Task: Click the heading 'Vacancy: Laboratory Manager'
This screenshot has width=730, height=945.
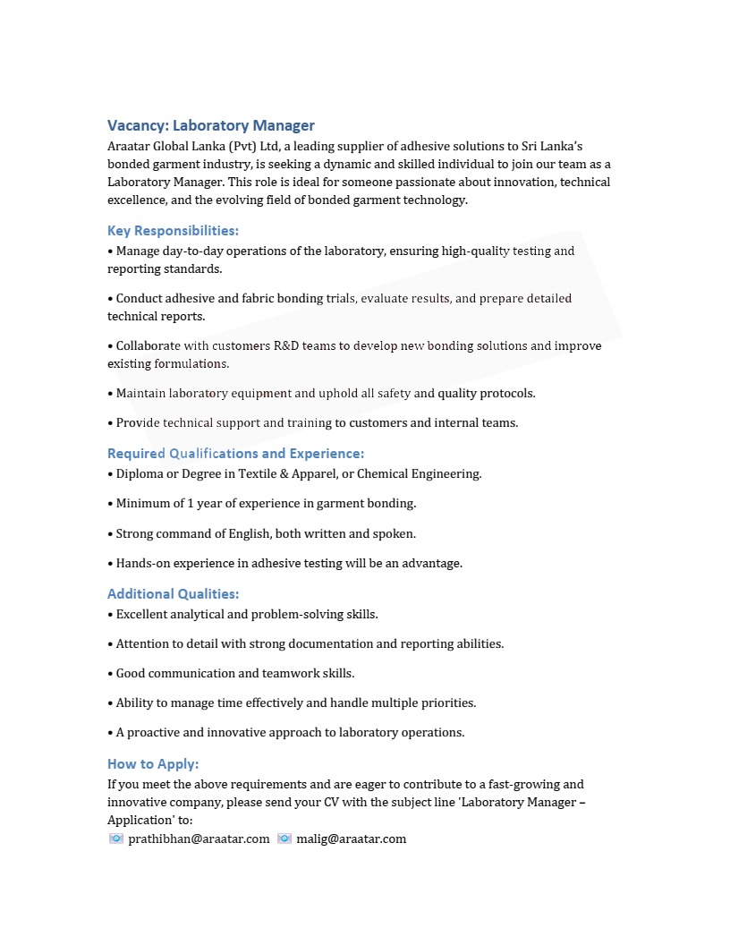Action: (211, 125)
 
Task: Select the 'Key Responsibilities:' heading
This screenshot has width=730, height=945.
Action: (173, 231)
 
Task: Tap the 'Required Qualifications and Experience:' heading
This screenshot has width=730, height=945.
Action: (235, 453)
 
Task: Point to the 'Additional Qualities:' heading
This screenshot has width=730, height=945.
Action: (173, 593)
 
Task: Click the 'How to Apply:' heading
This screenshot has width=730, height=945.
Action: (153, 763)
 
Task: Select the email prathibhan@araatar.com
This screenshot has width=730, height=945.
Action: (199, 839)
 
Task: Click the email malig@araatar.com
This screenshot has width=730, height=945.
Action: (351, 839)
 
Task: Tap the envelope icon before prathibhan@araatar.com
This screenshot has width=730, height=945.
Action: (116, 839)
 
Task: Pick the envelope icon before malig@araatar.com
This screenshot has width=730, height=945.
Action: (284, 839)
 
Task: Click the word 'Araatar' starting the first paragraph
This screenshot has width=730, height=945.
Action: (129, 146)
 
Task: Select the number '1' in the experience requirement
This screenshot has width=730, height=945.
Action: (191, 503)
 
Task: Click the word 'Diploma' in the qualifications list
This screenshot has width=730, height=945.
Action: (140, 473)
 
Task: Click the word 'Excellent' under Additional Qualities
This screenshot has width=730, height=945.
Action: (143, 614)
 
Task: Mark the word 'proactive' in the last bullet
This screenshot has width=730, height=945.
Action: (154, 732)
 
